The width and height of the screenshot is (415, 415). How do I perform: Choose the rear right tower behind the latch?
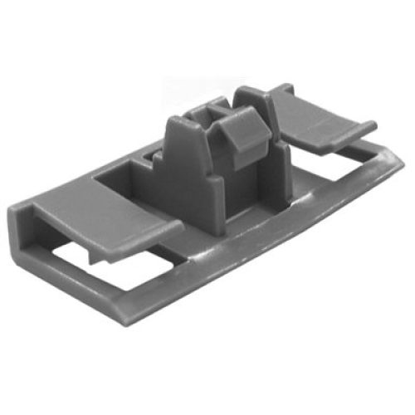(x=253, y=104)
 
